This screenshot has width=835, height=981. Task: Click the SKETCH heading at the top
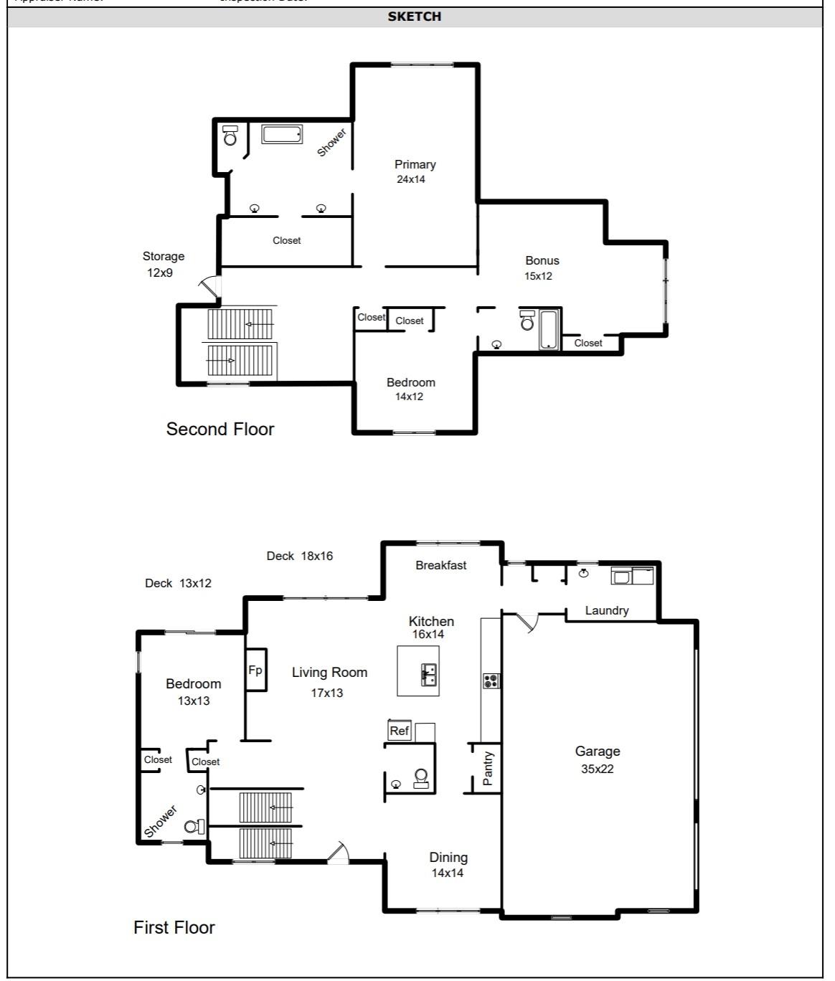414,16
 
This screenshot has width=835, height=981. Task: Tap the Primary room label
415,164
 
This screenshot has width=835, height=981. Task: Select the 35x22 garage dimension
597,769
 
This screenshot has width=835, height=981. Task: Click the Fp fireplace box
256,670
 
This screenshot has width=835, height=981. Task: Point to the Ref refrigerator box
399,731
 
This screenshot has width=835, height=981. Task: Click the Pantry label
488,768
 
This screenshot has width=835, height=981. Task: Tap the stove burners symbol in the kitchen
491,681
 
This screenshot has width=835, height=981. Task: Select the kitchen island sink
429,675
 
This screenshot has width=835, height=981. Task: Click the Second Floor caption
220,429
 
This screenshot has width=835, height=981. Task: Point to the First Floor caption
174,927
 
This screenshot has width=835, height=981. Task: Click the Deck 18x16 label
299,556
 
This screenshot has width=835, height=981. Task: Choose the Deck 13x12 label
178,583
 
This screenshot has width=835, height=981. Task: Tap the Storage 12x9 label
163,264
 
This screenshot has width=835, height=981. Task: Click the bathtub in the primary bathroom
281,134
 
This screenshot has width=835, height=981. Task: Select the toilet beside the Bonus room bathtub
527,321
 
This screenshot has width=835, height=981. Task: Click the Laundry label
606,610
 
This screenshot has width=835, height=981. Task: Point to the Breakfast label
440,565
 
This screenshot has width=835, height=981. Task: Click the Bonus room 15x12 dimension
538,276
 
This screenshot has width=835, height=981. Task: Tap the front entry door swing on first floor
338,853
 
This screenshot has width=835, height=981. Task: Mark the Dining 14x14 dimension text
447,873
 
